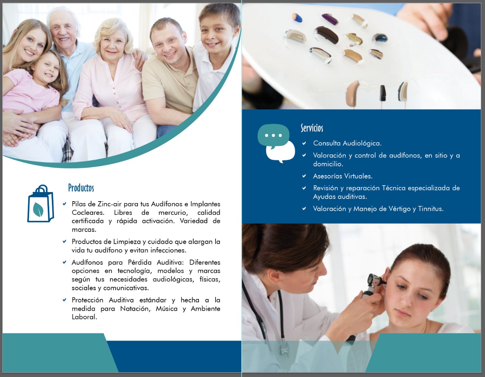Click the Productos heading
click(x=81, y=188)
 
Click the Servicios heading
click(x=312, y=128)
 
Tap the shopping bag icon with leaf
click(x=41, y=203)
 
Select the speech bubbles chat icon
click(x=276, y=144)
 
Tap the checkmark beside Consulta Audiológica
click(x=304, y=143)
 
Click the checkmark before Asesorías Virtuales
click(x=304, y=176)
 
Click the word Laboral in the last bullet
click(x=84, y=317)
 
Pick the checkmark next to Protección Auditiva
click(x=64, y=300)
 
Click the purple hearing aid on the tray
click(x=330, y=19)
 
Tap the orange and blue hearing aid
click(x=297, y=17)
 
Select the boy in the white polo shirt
click(x=214, y=53)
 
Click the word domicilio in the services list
click(x=328, y=164)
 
